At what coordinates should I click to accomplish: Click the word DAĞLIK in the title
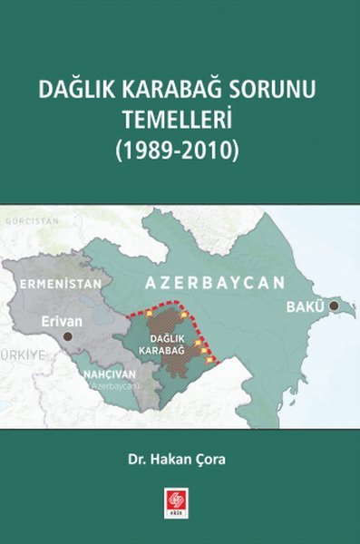[73, 92]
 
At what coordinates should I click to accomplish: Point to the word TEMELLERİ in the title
[180, 120]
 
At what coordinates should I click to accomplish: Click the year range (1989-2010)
[180, 148]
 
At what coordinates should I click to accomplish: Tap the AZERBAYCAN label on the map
[215, 282]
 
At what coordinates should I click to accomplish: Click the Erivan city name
[62, 320]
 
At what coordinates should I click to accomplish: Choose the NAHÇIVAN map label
[111, 373]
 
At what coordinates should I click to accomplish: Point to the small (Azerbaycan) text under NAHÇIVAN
[113, 385]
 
